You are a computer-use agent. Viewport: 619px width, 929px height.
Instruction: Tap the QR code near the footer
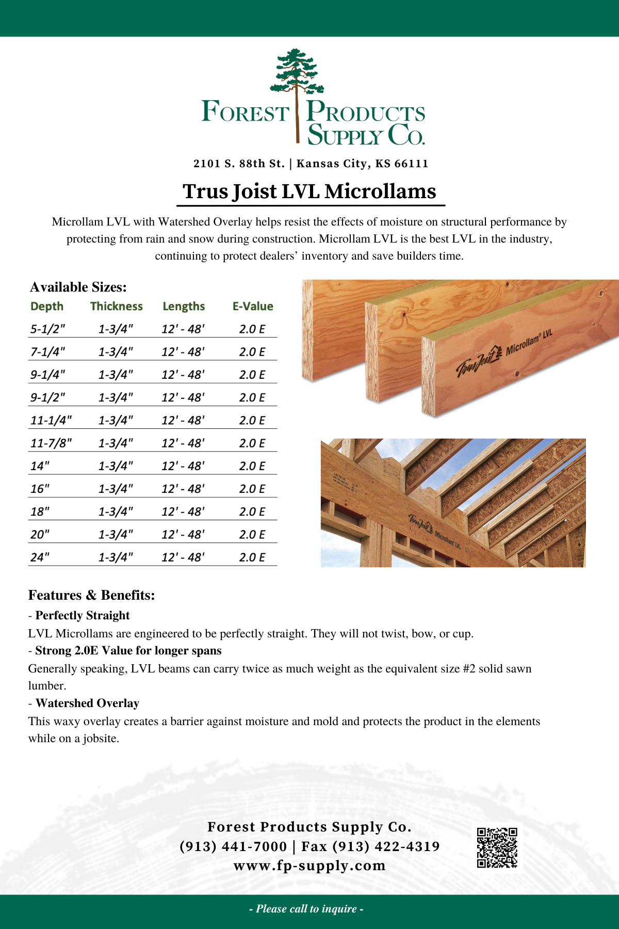497,848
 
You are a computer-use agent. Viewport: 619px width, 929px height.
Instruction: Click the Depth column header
47,306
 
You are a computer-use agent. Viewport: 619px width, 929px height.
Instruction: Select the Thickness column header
117,306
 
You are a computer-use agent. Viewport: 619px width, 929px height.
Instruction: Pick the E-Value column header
253,306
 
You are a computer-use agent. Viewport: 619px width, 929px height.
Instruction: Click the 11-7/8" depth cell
51,443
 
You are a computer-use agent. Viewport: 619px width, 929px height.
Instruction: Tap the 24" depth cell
40,557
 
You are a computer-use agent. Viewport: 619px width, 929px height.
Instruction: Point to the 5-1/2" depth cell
48,329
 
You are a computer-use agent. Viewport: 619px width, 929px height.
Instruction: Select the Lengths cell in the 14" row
183,466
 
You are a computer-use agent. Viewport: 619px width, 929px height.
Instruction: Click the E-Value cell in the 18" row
252,511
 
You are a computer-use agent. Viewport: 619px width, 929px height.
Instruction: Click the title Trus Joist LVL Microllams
309,191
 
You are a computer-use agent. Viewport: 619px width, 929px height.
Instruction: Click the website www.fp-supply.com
309,866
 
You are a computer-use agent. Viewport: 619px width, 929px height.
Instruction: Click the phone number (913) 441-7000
233,846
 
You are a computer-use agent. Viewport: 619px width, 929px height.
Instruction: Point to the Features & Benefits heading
92,595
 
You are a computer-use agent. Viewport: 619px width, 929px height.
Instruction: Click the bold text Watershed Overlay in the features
87,703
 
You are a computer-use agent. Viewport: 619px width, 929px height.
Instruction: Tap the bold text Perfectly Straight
83,615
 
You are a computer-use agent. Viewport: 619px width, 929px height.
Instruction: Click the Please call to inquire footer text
306,909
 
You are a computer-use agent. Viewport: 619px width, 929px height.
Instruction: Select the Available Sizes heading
78,287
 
